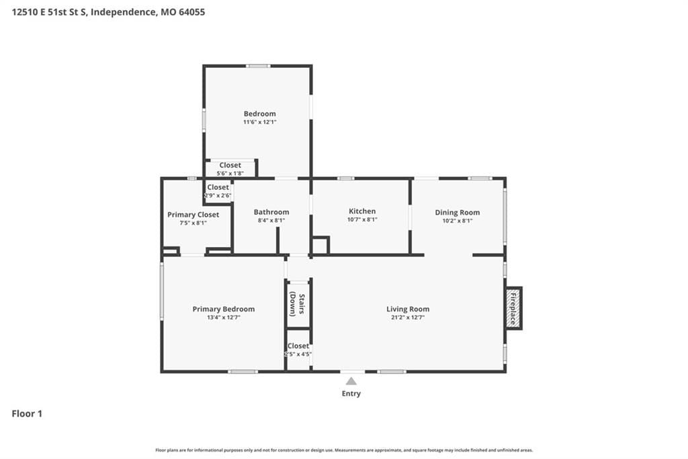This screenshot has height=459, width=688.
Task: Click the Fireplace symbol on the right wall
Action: coord(513,308)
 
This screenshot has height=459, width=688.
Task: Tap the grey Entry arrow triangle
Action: coord(351,381)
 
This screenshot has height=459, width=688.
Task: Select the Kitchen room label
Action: coord(362,211)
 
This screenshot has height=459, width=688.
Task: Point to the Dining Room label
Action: coord(457,213)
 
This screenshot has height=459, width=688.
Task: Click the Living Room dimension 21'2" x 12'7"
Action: coord(408,318)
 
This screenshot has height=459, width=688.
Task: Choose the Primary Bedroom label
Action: coord(223,309)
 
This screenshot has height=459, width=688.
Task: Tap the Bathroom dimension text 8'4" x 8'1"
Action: coord(271,220)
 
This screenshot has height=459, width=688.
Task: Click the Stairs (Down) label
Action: coord(297,304)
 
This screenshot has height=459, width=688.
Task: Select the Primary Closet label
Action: coord(193,215)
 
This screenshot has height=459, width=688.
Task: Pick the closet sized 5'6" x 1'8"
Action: coord(230,169)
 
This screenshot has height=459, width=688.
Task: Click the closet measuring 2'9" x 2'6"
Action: coord(218,191)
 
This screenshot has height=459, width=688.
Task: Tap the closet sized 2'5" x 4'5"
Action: coord(298,349)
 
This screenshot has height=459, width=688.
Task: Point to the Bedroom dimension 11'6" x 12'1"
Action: coord(260,122)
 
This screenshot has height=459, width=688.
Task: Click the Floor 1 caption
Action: coord(27,414)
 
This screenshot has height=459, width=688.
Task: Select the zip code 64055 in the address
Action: coord(191,12)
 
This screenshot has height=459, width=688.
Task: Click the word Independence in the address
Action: coord(123,12)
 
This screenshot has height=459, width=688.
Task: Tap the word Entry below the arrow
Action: coord(351,394)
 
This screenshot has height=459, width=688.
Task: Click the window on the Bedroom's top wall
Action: coord(258,66)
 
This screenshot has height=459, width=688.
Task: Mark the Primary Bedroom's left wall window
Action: coord(162,291)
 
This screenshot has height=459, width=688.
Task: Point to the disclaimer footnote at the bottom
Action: coord(344,450)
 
